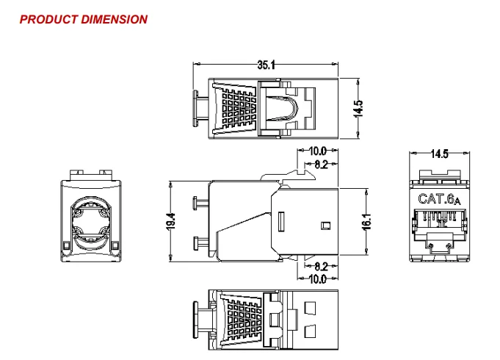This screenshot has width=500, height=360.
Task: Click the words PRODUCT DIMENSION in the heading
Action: (x=83, y=19)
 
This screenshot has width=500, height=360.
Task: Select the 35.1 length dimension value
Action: (x=266, y=65)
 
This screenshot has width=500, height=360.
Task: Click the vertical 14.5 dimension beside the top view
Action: (x=358, y=108)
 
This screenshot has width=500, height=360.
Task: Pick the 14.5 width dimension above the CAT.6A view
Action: (x=439, y=154)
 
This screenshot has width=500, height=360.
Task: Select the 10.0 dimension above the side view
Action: (x=317, y=152)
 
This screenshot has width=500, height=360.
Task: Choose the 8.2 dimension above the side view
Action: (x=321, y=165)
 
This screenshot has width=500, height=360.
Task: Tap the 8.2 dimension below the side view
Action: (x=321, y=267)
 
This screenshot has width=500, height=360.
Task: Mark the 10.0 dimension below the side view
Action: (x=317, y=279)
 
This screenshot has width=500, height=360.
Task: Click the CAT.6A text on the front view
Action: (x=439, y=199)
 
